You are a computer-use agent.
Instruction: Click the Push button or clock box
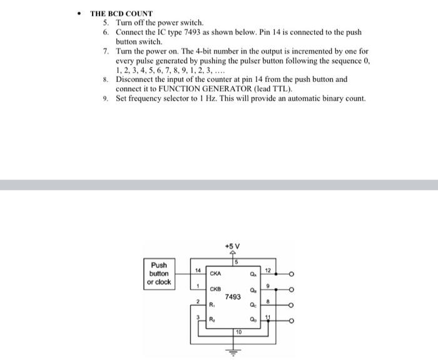[x=158, y=274]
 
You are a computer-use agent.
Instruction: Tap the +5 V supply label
[x=232, y=245]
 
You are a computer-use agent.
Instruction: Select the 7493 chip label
[x=232, y=297]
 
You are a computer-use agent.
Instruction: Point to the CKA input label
[x=216, y=273]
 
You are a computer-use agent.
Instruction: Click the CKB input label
[x=215, y=289]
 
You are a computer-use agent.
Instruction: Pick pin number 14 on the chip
[x=198, y=270]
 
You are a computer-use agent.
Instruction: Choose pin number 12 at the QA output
[x=267, y=270]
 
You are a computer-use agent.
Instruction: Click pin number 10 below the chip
[x=238, y=332]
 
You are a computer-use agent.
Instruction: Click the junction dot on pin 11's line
[x=268, y=322]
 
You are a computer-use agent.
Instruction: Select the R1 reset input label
[x=212, y=306]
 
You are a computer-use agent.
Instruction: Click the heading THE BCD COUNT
[x=121, y=13]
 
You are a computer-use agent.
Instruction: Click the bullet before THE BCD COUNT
[x=79, y=13]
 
